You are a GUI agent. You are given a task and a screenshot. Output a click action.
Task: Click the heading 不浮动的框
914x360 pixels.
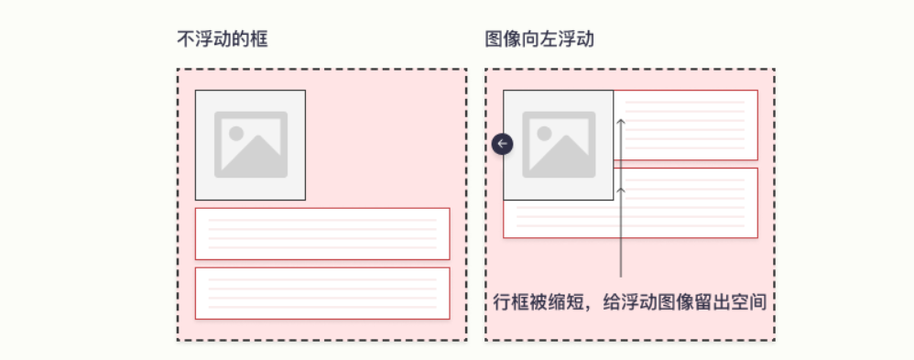[x=223, y=40]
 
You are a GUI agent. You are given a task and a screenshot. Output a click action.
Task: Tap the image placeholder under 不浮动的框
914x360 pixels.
[x=250, y=145]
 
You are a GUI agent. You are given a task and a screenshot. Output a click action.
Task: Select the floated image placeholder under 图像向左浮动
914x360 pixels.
[x=558, y=145]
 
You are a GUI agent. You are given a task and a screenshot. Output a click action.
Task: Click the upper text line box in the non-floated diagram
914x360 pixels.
[x=321, y=234]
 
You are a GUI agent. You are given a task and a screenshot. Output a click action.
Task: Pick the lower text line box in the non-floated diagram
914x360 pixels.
[x=321, y=293]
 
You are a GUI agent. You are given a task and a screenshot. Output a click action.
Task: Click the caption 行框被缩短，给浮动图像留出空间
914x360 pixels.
[x=629, y=302]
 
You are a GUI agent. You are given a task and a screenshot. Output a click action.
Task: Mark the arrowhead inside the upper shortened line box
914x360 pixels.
[x=621, y=119]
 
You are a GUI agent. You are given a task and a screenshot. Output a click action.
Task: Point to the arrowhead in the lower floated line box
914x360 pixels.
[x=621, y=189]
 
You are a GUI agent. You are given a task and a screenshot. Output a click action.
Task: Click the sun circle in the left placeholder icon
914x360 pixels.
[x=235, y=133]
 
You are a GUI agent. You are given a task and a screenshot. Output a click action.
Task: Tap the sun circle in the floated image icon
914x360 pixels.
[x=543, y=133]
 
